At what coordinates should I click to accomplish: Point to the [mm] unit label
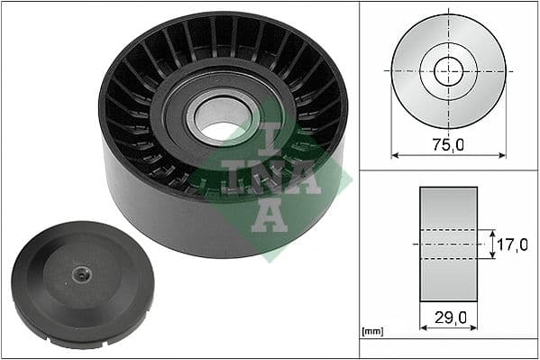point(371,332)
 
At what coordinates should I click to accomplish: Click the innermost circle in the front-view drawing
point(448,70)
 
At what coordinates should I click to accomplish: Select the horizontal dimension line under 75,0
point(448,155)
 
